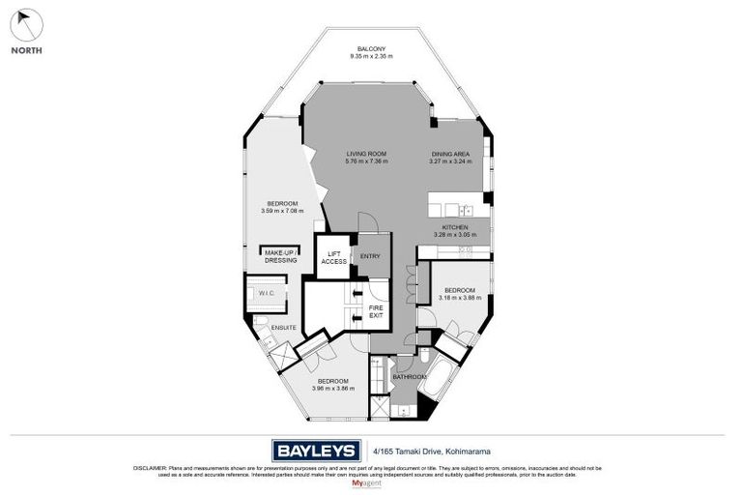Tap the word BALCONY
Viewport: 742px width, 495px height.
click(x=371, y=49)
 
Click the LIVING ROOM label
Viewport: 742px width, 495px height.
click(x=366, y=154)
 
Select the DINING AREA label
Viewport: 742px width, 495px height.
click(x=449, y=154)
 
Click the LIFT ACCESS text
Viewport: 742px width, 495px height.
click(x=333, y=258)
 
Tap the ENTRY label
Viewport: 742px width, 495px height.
click(x=369, y=256)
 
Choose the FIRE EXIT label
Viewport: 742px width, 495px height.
click(x=376, y=311)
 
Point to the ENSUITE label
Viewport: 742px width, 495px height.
click(x=283, y=328)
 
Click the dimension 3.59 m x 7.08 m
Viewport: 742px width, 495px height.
click(x=282, y=210)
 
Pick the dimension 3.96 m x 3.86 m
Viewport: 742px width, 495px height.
click(x=334, y=388)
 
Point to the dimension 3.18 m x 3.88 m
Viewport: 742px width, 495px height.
click(x=459, y=298)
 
